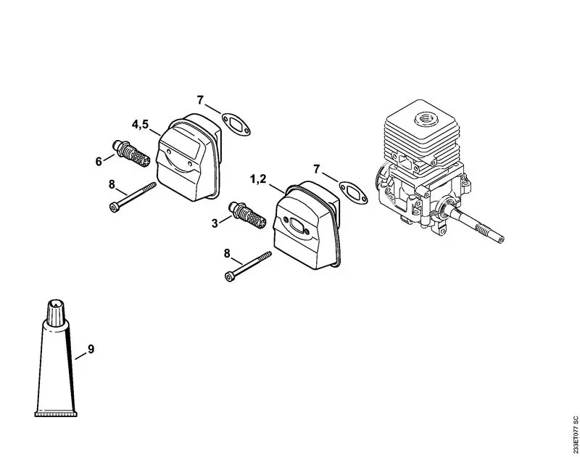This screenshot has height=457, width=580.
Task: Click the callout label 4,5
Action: (x=140, y=125)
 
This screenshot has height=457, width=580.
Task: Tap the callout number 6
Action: (x=99, y=161)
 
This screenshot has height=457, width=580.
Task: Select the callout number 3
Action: (x=215, y=223)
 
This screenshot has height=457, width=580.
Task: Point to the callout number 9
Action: (x=91, y=350)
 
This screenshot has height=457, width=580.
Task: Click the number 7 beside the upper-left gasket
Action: (x=201, y=99)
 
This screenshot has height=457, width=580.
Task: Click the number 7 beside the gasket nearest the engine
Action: (x=316, y=169)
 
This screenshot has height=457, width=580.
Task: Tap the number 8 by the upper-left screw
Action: (x=112, y=184)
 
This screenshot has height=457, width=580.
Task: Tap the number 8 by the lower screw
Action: (x=227, y=253)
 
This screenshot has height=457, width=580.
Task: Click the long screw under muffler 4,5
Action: (x=135, y=197)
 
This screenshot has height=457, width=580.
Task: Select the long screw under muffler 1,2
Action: (x=249, y=265)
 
